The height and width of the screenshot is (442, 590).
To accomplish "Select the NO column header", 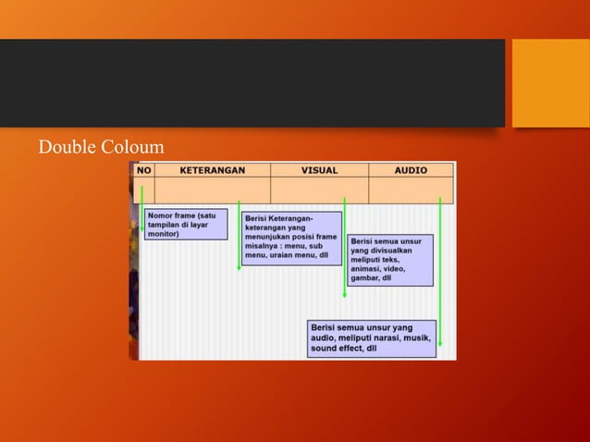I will pos(143,170).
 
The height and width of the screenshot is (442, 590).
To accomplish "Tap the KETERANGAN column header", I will pos(212,170).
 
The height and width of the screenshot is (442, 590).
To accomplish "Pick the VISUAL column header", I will pos(319,170).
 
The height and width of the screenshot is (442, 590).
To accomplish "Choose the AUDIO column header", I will pos(411,170).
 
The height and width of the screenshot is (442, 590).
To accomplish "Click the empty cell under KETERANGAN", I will pos(212,190).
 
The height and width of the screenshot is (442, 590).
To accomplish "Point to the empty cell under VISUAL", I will pos(319,190).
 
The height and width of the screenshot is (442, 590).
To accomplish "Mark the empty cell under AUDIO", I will pos(411,190).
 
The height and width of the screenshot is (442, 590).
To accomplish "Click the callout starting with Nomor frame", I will pos(185,225).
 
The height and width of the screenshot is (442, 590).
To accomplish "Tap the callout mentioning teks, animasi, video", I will pos(389,260).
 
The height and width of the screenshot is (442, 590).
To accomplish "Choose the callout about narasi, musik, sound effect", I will pos(372,338).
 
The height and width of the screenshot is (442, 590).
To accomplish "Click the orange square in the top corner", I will pos(550,82).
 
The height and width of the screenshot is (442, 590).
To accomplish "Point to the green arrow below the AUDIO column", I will pos(440,277).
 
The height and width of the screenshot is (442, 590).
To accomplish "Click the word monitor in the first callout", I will pos(164,234).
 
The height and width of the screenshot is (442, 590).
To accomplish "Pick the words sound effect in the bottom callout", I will pos(337,350).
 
